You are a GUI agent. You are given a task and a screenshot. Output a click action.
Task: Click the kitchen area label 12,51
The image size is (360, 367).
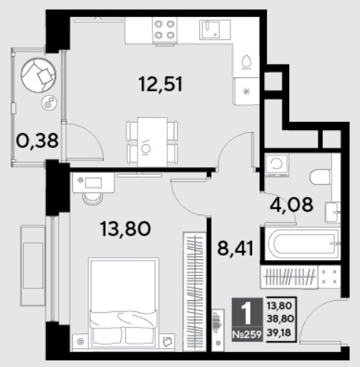(x=161, y=84)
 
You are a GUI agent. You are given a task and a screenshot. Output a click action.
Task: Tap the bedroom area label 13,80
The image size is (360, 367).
(x=126, y=228)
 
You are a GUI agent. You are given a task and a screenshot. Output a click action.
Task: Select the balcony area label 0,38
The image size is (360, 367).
(x=37, y=140)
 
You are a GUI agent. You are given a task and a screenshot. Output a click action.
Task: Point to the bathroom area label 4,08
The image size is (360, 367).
(x=292, y=205)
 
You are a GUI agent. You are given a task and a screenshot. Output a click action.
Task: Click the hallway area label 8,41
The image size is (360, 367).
(x=236, y=248)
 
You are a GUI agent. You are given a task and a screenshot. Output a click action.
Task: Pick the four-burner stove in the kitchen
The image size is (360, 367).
(x=164, y=30)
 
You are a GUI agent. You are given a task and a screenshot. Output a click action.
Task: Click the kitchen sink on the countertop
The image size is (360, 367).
(x=215, y=30)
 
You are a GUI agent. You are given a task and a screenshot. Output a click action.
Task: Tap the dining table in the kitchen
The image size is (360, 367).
(x=152, y=142)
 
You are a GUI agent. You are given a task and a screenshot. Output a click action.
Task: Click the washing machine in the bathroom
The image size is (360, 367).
(x=277, y=165)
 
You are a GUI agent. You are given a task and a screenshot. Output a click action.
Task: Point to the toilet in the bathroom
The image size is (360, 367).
(x=321, y=177)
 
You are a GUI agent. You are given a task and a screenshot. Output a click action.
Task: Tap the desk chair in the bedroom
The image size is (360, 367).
(x=92, y=198)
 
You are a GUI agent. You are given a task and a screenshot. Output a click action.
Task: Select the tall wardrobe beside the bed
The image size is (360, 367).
(x=194, y=292)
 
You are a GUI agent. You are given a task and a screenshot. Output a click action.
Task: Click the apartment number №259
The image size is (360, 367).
(x=247, y=334)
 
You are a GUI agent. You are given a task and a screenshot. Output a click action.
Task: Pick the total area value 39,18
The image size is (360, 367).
(x=279, y=333)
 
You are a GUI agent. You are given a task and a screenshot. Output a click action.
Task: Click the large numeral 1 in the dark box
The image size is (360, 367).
(x=247, y=314)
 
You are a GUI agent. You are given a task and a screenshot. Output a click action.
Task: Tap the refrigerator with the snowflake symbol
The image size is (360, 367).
(x=246, y=91)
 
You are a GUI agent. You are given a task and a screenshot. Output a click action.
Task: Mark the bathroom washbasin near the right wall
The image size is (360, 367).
(x=333, y=212)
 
